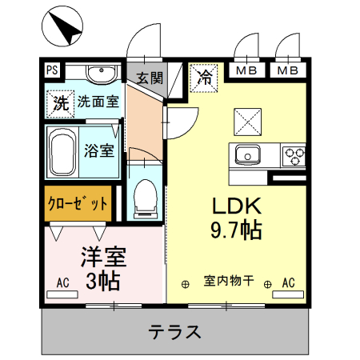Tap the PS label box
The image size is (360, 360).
coord(52,72)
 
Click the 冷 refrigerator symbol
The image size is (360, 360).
coord(203,78)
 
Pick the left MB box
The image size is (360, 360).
coord(246,71)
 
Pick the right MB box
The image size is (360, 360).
coord(288,71)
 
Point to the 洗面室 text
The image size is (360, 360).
coord(98,102)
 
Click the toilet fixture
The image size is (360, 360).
coord(146,197)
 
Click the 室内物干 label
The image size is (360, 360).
coord(229,282)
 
